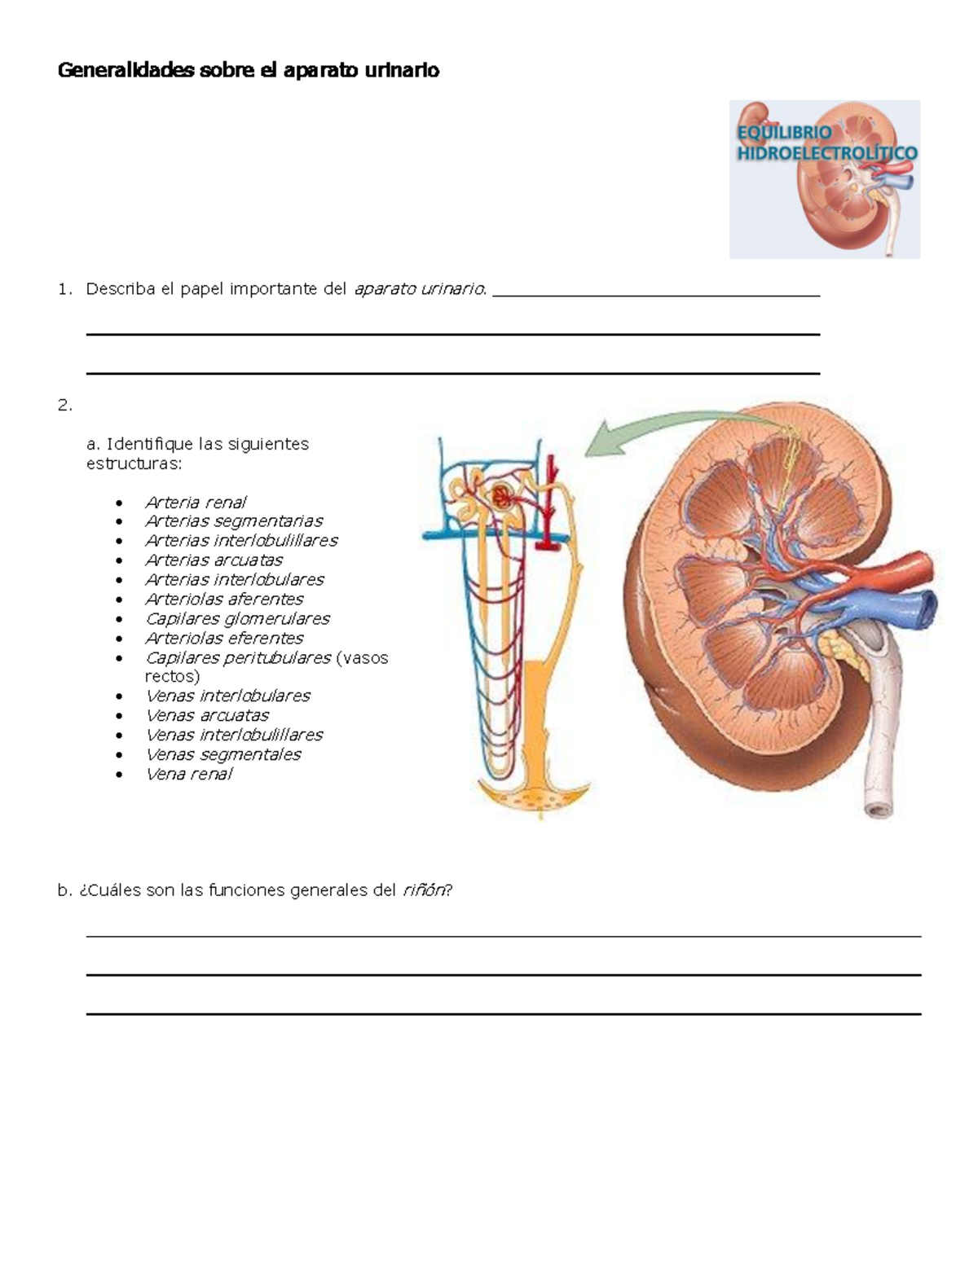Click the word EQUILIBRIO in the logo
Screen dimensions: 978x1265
tap(785, 133)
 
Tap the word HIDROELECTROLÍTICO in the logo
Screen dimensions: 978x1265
tap(827, 153)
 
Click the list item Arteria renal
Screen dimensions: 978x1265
tap(196, 502)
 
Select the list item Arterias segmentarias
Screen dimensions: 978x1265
tap(234, 521)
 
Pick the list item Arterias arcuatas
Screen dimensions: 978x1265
tap(214, 560)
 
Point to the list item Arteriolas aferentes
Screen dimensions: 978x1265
tap(224, 599)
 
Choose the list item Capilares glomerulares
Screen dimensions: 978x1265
tap(237, 619)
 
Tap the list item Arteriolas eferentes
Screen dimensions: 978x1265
tap(224, 638)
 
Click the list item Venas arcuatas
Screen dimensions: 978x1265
tap(207, 715)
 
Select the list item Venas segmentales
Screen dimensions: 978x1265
tap(223, 754)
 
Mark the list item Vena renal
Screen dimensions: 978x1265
tap(189, 775)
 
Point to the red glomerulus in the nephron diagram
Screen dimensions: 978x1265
tap(500, 497)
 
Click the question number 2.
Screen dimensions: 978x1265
tap(64, 405)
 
